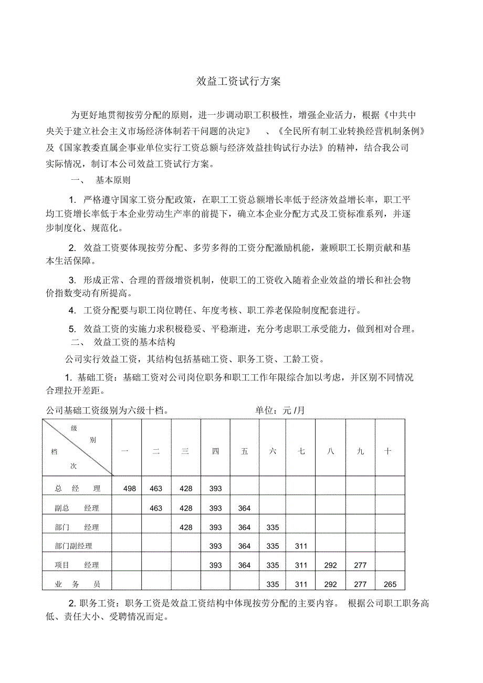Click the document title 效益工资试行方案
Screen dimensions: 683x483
[239, 81]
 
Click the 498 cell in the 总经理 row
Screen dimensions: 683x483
[130, 489]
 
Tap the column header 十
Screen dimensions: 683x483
[387, 451]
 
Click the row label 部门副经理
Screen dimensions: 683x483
[73, 546]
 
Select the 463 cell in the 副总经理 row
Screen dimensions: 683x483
[156, 508]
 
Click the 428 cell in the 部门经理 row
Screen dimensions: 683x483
[186, 527]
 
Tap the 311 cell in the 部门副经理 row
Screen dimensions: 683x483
[301, 546]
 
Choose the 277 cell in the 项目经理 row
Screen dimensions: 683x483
[360, 566]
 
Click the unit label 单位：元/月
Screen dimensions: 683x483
[280, 410]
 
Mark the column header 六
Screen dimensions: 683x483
[272, 451]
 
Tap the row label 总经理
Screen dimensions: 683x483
[77, 489]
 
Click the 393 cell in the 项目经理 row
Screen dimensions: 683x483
[215, 566]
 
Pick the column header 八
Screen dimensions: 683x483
[330, 451]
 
